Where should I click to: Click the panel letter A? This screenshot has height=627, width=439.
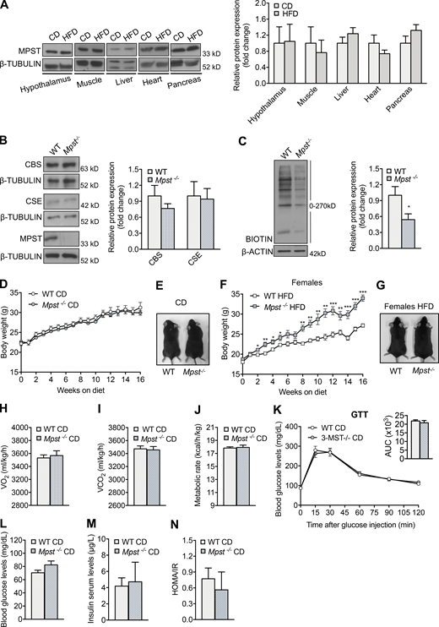(8, 7)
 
